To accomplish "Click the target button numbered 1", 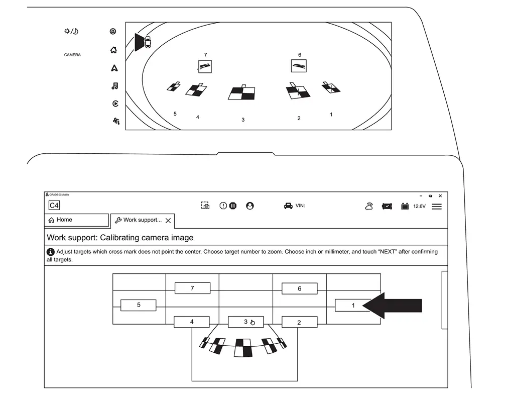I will tap(352, 305).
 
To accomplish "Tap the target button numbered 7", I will tap(192, 288).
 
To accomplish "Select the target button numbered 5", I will tap(139, 305).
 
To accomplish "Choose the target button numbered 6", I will tap(299, 288).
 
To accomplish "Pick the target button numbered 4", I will tap(192, 322).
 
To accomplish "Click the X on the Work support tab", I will tap(168, 221).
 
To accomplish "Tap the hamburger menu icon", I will tap(437, 206).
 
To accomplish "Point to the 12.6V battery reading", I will tap(419, 207).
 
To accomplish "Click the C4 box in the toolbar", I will tap(54, 206).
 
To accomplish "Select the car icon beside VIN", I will tap(288, 206).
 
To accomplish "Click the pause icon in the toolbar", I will tap(233, 206).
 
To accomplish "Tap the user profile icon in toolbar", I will tap(250, 206).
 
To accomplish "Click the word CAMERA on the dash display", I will tap(72, 55).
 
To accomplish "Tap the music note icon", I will tap(114, 86).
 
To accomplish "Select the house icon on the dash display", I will tap(113, 50).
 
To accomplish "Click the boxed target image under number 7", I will tap(205, 66).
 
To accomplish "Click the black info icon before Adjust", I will tap(51, 252).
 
